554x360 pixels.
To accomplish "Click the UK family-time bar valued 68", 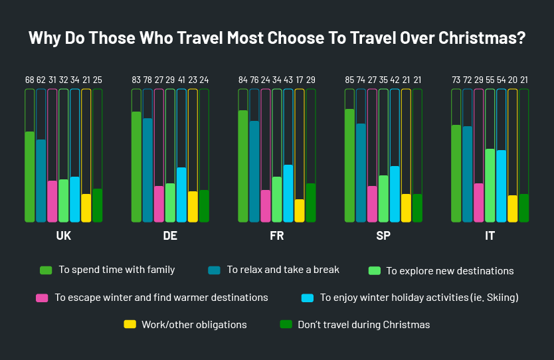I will click(29, 177).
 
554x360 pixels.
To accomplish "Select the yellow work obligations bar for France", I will click(300, 210).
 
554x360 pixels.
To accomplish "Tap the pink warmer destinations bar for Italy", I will click(478, 202).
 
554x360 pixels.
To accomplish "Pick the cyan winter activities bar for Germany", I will click(181, 194).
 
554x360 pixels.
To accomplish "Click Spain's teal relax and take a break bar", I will click(361, 173).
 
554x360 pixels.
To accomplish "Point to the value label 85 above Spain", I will click(349, 80).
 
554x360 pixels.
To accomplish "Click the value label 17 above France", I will click(300, 80).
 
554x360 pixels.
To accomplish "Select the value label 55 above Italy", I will click(490, 80).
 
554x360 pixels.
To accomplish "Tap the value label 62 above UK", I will click(41, 80).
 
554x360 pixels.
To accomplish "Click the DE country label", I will click(170, 236).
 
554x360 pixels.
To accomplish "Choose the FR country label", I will click(276, 236).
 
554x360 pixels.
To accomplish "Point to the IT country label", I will click(490, 236).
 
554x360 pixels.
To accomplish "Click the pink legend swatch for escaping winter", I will click(42, 298).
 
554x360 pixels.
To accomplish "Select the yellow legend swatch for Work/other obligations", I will click(130, 325).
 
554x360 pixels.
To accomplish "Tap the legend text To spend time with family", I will click(116, 270).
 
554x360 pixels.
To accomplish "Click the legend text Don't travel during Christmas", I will click(363, 325).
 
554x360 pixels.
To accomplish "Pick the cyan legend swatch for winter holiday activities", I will click(307, 298).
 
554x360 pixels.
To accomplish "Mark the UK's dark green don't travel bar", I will click(97, 205).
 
